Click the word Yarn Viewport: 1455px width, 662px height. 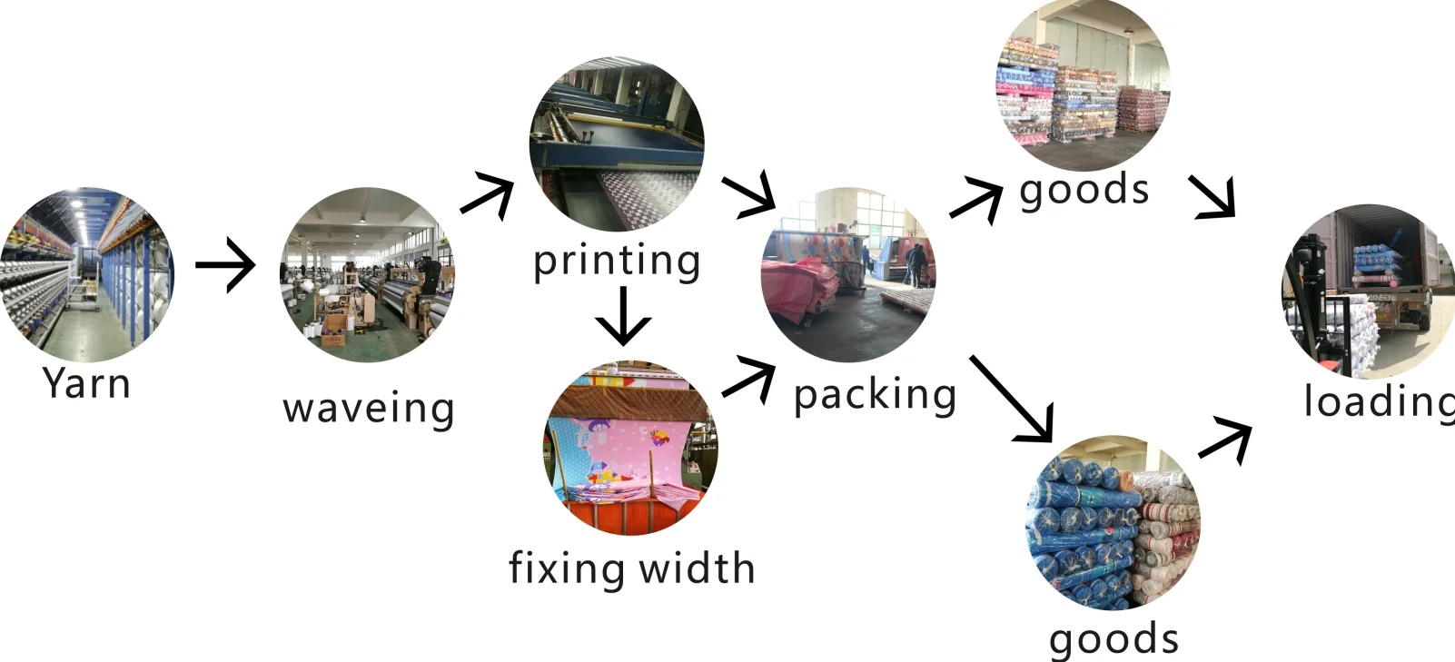click(x=86, y=383)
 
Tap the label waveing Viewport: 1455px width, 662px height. click(x=369, y=409)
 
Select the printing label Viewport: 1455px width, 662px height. click(x=617, y=262)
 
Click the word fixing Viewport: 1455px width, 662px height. click(x=567, y=568)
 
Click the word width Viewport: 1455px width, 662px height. click(x=697, y=568)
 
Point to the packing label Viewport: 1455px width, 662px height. click(x=875, y=395)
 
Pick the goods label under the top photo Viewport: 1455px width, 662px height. click(x=1084, y=191)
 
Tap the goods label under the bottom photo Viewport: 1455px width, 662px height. click(x=1114, y=638)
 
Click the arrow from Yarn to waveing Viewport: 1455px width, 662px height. click(x=225, y=264)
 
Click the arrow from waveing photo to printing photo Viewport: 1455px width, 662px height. click(x=489, y=196)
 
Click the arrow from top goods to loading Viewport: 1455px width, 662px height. click(x=1214, y=196)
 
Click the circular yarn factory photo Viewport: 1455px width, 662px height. click(x=87, y=275)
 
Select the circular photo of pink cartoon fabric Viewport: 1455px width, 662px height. click(x=630, y=449)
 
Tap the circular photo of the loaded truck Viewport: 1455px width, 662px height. click(x=1367, y=291)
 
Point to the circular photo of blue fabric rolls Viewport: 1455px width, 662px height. click(x=1113, y=522)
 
